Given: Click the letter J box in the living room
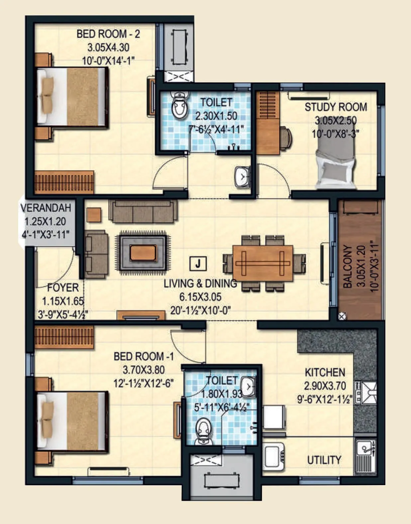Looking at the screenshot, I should [x=198, y=263].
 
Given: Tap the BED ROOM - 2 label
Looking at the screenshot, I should [x=108, y=34].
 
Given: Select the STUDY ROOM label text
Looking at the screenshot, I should [x=336, y=107].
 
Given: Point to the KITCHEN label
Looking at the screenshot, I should [x=325, y=372].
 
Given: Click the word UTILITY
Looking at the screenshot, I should [x=324, y=460].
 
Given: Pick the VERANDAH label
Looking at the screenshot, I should [x=46, y=208].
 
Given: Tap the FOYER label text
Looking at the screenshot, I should [x=63, y=288].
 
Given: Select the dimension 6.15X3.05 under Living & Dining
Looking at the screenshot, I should [x=200, y=297].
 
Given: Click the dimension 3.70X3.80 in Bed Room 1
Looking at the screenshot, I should [x=144, y=370].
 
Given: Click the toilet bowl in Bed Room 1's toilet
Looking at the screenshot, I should [x=203, y=431].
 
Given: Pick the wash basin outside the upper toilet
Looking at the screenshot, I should [x=243, y=176].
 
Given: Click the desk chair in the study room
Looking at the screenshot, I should [x=286, y=137].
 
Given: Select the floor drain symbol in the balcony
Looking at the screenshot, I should [x=342, y=316].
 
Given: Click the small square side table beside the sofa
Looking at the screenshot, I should [x=94, y=215].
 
